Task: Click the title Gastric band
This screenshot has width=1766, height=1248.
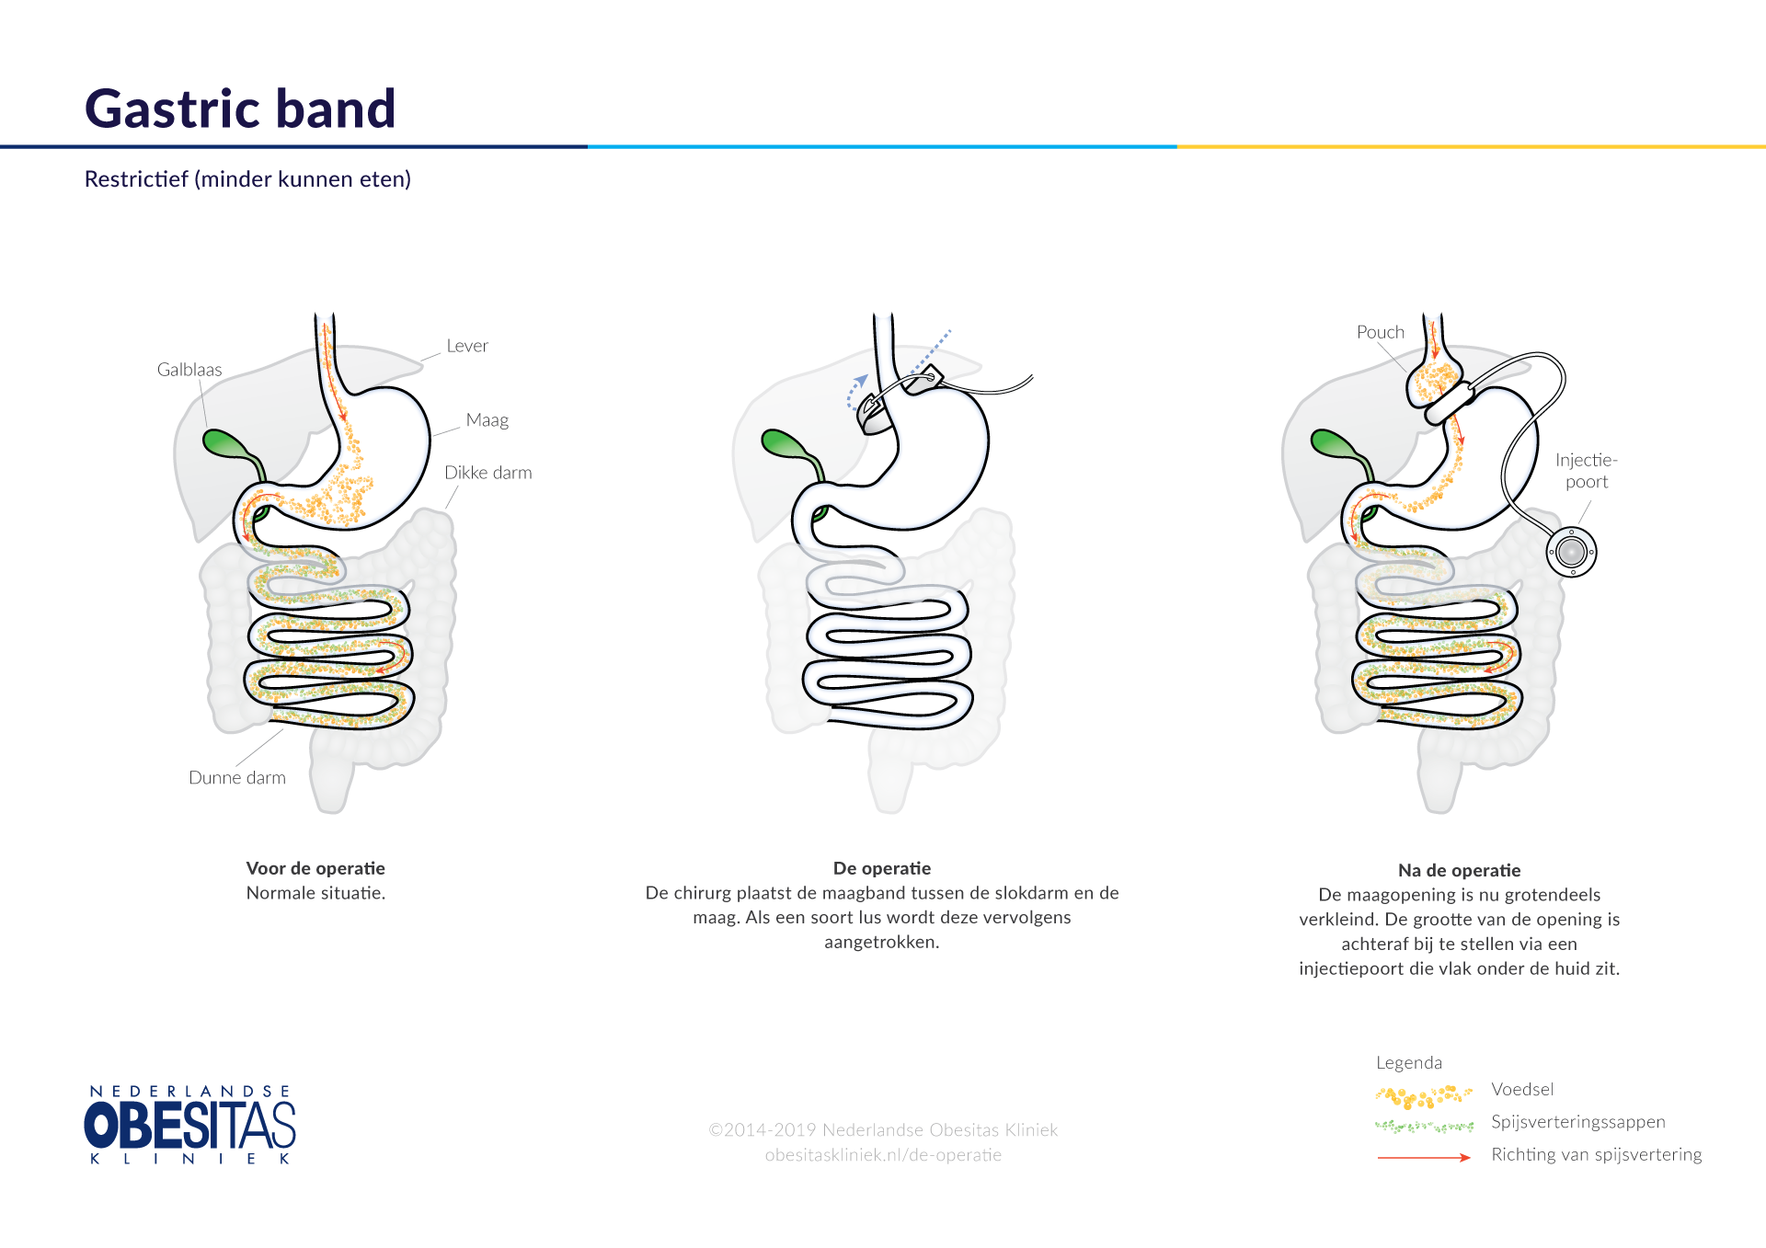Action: (x=240, y=109)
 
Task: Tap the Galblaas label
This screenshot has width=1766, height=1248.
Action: (x=189, y=370)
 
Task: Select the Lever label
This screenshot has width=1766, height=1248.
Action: (x=467, y=346)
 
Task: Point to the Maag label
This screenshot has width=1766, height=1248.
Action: (x=487, y=420)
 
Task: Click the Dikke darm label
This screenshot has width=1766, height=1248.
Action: (x=488, y=473)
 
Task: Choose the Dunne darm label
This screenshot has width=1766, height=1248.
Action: (x=237, y=778)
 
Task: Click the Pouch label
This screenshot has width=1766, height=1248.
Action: (x=1381, y=332)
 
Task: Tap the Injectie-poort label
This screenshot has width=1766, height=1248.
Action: (x=1587, y=471)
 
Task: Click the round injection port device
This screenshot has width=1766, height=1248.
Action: (x=1572, y=552)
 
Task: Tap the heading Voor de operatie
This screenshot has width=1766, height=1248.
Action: (x=315, y=868)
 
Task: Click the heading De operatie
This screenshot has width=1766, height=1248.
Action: (x=882, y=868)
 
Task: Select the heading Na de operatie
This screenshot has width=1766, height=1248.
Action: (x=1459, y=870)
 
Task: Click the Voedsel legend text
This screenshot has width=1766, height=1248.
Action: (x=1522, y=1090)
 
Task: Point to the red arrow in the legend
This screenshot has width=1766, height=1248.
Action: (x=1424, y=1157)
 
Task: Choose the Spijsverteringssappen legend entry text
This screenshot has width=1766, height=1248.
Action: (x=1578, y=1122)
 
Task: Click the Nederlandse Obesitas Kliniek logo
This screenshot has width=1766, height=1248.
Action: (x=190, y=1124)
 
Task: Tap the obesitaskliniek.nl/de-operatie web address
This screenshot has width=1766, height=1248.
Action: (x=883, y=1155)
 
